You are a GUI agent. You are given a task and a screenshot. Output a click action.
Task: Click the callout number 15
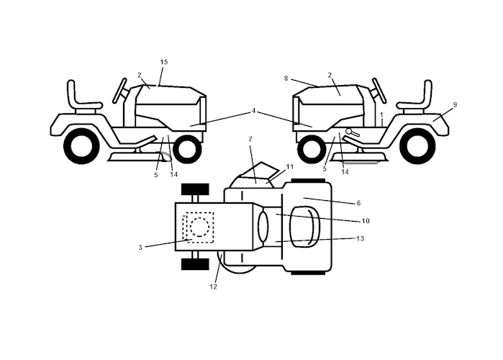pyautogui.click(x=163, y=63)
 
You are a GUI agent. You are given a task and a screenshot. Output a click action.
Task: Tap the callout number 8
pyautogui.click(x=286, y=78)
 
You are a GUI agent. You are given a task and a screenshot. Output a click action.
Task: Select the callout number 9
pyautogui.click(x=454, y=104)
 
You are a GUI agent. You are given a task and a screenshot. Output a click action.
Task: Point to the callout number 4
pyautogui.click(x=253, y=111)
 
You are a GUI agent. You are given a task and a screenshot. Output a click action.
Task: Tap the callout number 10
pyautogui.click(x=365, y=220)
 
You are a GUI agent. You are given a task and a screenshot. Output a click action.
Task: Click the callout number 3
pyautogui.click(x=140, y=247)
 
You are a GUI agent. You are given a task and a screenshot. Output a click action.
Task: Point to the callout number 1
pyautogui.click(x=381, y=114)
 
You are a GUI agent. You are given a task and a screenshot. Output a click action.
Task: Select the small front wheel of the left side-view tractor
pyautogui.click(x=186, y=149)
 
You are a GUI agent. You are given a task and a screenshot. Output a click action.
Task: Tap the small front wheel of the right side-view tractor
pyautogui.click(x=311, y=149)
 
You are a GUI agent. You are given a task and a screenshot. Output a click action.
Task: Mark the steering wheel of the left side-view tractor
pyautogui.click(x=120, y=90)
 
